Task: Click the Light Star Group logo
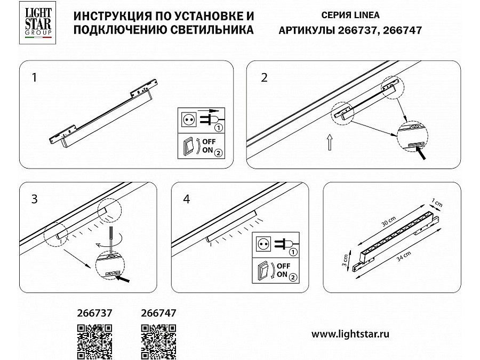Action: [x=38, y=22]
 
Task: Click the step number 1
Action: [x=34, y=77]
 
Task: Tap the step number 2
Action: [x=264, y=77]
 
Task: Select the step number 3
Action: [x=34, y=199]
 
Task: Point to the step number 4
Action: [x=187, y=199]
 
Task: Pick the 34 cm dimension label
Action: [x=404, y=256]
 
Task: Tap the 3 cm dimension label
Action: [x=345, y=260]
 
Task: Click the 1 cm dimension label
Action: [x=437, y=203]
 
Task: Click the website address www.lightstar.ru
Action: [x=350, y=334]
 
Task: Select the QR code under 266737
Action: [x=94, y=342]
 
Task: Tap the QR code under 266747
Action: [x=158, y=342]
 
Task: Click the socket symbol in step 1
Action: [x=188, y=119]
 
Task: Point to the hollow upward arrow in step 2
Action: [x=330, y=142]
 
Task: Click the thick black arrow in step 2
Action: [x=420, y=152]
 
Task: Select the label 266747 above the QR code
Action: [x=158, y=313]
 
